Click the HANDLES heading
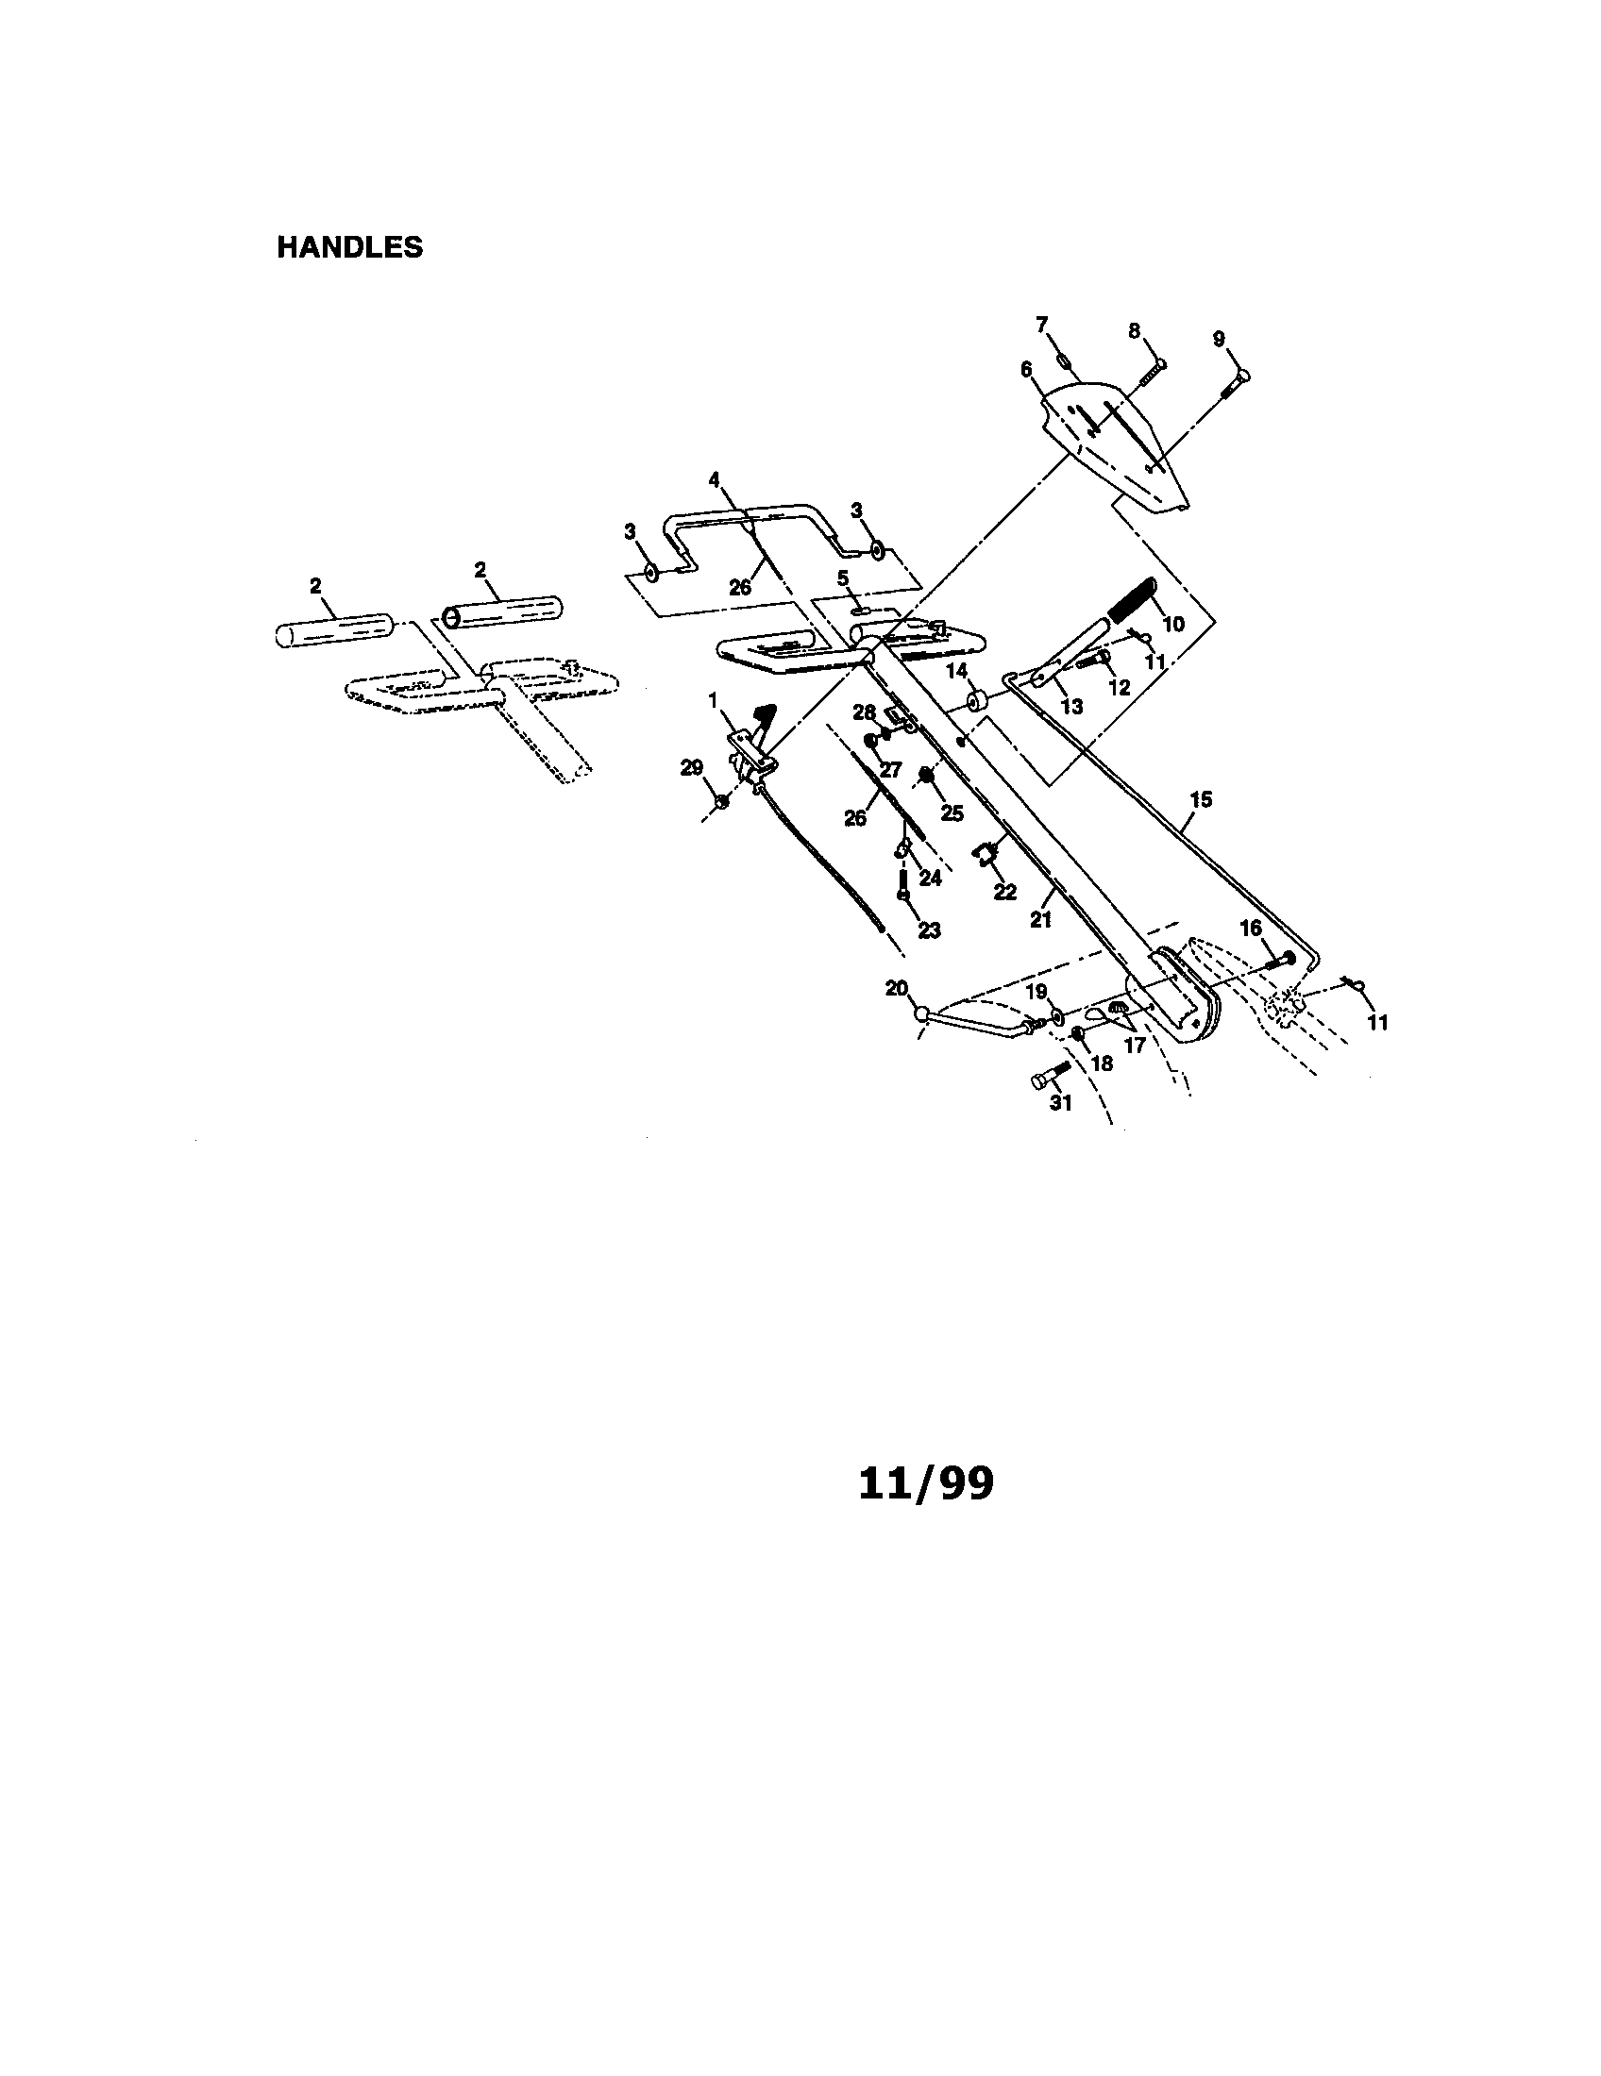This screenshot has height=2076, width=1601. (350, 247)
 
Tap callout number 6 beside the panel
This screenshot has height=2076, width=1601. (1026, 369)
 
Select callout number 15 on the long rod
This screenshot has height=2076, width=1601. (1201, 799)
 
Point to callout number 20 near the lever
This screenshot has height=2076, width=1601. (897, 988)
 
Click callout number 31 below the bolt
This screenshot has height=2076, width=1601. (1060, 1102)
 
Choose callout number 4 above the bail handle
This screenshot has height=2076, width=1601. (714, 480)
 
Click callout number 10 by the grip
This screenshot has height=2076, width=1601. (1173, 625)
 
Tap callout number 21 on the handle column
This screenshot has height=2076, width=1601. (1041, 919)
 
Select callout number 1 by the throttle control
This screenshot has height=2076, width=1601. (713, 700)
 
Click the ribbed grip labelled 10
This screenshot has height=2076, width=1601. (1130, 600)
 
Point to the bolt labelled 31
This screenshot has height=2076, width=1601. (1051, 1075)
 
